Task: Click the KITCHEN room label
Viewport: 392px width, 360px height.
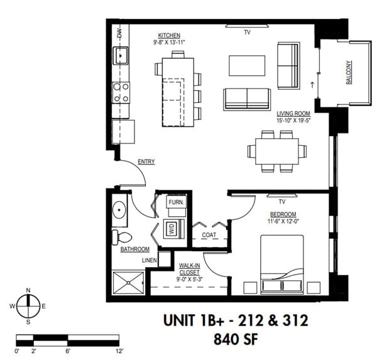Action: click(169, 35)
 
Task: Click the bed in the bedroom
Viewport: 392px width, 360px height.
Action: click(281, 264)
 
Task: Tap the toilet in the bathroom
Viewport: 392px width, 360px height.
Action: click(121, 237)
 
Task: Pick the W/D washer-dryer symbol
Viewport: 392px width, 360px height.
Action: click(171, 229)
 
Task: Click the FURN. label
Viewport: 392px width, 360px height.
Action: click(175, 202)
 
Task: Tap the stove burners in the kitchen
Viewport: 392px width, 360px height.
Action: click(121, 94)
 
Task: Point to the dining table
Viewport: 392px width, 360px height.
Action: click(277, 150)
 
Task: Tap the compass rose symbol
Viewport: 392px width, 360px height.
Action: click(28, 306)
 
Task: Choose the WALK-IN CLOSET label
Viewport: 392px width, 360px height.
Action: click(189, 269)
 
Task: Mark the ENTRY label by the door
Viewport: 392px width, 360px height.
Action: click(146, 162)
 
